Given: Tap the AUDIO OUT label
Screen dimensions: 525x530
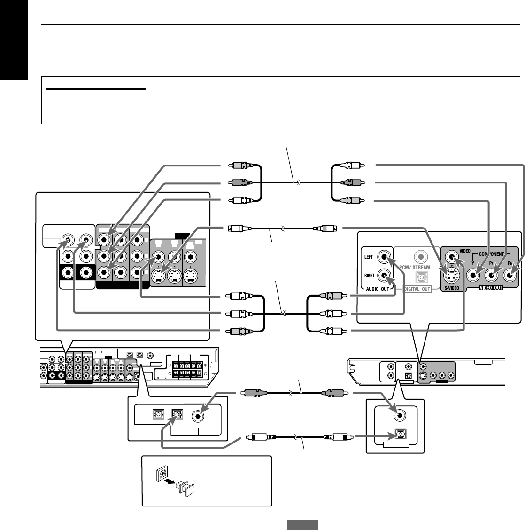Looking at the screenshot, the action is tap(378, 290).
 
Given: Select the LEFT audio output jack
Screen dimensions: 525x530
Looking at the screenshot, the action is tap(385, 257).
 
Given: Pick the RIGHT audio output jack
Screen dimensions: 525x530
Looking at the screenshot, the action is tap(385, 276).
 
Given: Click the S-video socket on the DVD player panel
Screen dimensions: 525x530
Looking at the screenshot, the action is tap(451, 273).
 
